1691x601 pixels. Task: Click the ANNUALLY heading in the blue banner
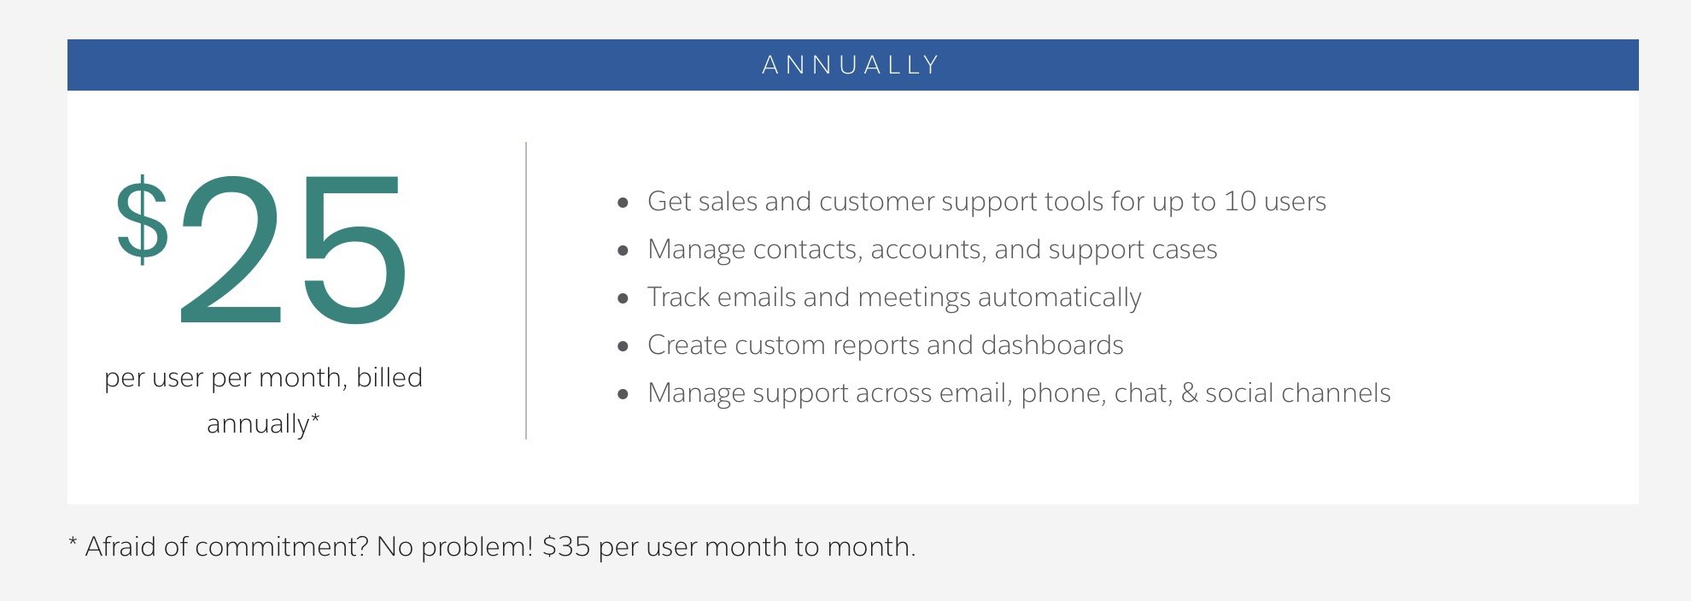851,65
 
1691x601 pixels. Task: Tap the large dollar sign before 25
143,220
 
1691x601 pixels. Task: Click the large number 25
292,250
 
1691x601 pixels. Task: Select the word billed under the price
389,377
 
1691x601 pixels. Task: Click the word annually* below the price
263,424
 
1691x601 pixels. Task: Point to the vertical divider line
526,291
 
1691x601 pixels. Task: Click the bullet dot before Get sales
623,203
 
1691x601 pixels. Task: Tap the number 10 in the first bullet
1240,201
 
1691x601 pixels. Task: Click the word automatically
1060,298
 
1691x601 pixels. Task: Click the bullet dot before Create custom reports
623,346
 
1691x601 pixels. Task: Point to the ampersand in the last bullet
1189,393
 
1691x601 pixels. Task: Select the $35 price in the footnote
566,546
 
